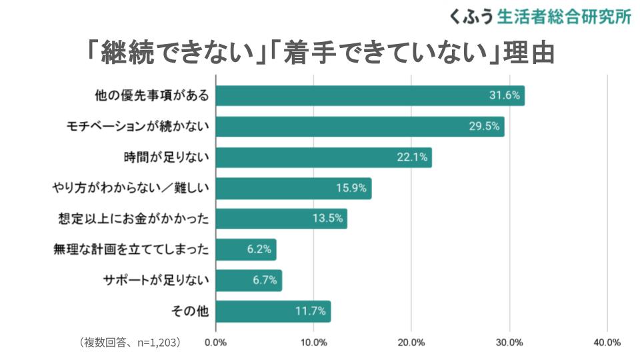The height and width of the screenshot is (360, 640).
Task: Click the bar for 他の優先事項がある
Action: click(x=370, y=96)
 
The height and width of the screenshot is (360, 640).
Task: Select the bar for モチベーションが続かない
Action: click(x=360, y=127)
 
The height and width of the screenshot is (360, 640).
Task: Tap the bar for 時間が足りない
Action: click(x=324, y=157)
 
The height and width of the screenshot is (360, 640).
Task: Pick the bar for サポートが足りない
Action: click(x=249, y=281)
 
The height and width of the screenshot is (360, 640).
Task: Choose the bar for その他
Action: click(x=273, y=311)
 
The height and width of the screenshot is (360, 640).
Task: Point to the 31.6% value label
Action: click(x=504, y=96)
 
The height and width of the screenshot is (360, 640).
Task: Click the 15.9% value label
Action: click(x=351, y=189)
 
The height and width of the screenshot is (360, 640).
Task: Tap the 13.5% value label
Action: click(x=327, y=219)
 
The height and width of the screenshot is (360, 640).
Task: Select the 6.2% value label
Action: click(x=259, y=250)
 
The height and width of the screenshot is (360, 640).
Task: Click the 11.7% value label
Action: click(x=311, y=311)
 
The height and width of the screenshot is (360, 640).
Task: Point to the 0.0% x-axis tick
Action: click(x=216, y=343)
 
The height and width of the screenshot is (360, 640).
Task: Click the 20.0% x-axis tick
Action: click(x=411, y=343)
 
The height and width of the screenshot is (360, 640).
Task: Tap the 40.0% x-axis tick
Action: click(x=607, y=343)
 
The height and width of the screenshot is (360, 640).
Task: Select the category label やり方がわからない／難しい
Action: click(x=131, y=189)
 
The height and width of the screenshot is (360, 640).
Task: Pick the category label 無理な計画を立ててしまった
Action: click(x=131, y=250)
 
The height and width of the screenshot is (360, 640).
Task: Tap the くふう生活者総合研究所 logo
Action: click(x=540, y=17)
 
